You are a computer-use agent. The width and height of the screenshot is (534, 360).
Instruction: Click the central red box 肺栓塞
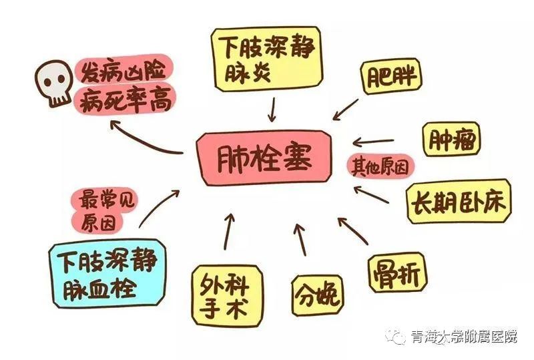pos(264,158)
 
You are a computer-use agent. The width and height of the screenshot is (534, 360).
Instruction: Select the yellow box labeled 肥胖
pos(391,76)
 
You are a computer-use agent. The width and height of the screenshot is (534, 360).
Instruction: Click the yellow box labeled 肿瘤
pos(452,139)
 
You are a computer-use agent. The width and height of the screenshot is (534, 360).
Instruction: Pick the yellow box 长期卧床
pos(459,201)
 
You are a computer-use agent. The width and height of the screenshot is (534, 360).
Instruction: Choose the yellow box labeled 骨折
pos(397,273)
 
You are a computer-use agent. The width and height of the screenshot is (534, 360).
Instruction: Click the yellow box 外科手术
pos(227,295)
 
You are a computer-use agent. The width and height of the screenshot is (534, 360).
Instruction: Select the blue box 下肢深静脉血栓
pos(107,274)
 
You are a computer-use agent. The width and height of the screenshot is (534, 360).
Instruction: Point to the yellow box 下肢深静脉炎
pos(266,59)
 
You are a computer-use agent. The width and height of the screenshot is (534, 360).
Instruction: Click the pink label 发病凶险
pos(124,70)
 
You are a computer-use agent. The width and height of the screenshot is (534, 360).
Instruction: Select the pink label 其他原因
pos(380,166)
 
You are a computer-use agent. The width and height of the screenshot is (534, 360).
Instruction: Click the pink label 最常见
pos(106,200)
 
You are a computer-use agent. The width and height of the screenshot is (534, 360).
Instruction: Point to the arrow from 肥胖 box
pos(345,110)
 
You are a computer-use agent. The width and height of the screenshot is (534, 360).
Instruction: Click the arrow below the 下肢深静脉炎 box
pos(272,109)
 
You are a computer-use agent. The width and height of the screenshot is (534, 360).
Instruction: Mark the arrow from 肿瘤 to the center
pos(373,141)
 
